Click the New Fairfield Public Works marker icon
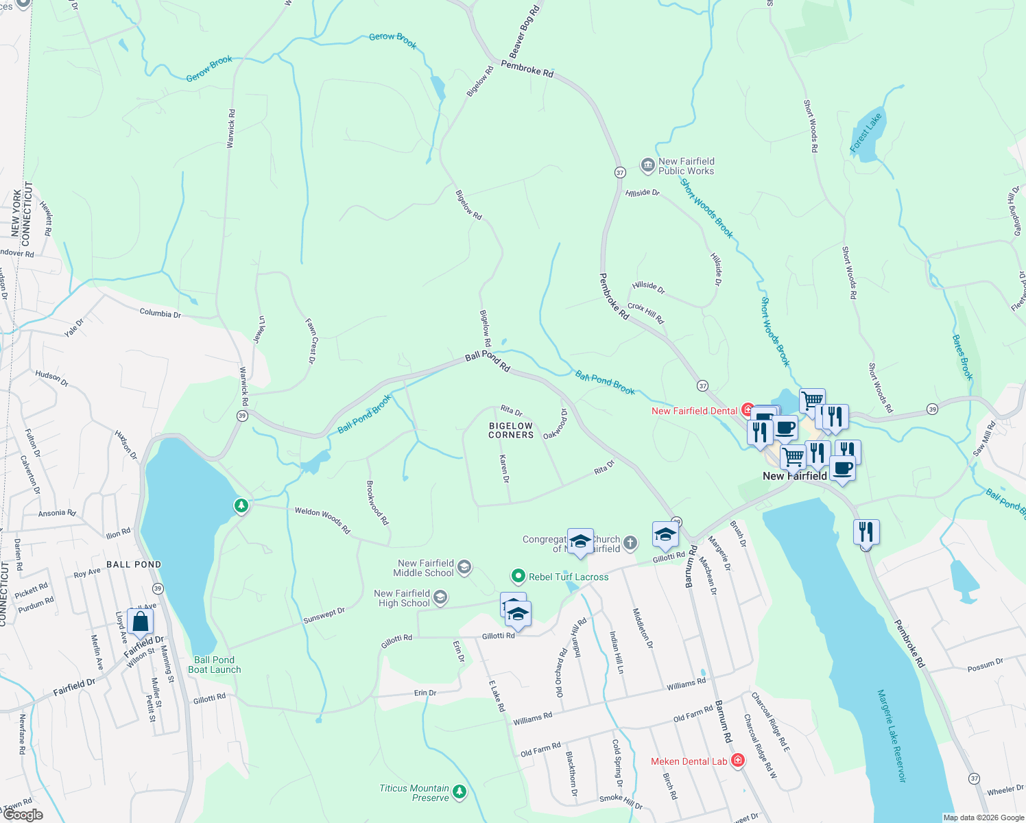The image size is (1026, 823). point(647,165)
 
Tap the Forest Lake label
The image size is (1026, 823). point(866,133)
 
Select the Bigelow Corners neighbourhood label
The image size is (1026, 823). point(511,430)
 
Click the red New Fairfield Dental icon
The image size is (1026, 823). point(748,411)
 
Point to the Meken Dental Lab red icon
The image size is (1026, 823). point(738,761)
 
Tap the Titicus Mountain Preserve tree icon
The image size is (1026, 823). point(459,792)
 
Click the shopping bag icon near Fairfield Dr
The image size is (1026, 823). point(140,622)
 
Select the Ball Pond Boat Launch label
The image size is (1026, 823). point(214,665)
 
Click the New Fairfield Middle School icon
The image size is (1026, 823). point(464,566)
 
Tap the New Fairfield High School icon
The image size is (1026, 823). point(440,597)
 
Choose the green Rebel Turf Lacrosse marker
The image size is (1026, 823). point(518,576)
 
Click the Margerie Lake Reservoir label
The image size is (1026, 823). point(892,735)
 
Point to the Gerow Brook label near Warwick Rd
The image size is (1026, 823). point(209,69)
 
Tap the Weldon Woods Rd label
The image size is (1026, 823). point(322,521)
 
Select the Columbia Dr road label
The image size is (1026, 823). point(160,313)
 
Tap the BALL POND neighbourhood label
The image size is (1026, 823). point(134,564)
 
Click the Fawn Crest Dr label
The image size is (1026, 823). point(311,340)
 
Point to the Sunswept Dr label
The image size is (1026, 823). point(324,615)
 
